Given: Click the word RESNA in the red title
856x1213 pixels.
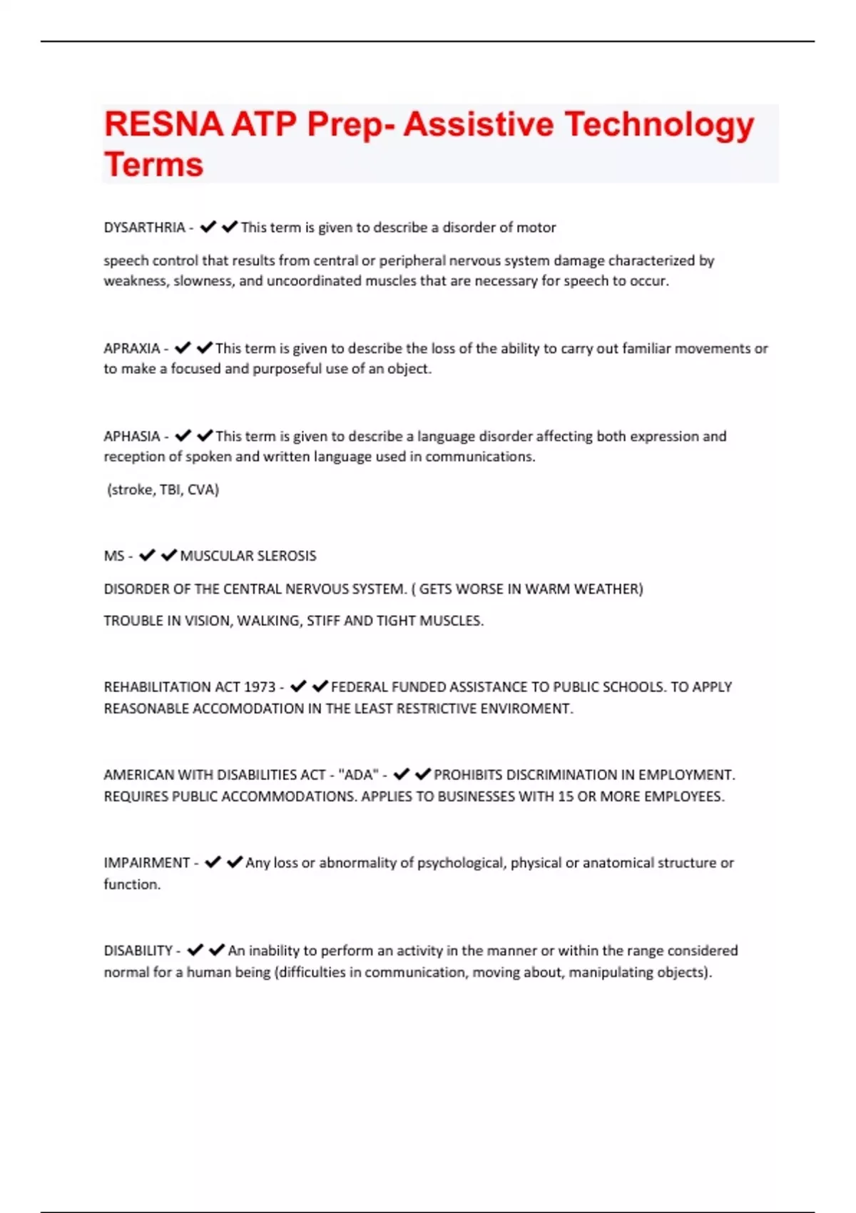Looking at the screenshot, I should click(x=163, y=125).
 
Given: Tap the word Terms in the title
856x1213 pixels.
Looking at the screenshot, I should click(x=153, y=165).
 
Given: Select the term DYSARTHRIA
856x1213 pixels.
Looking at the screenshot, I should click(x=144, y=228).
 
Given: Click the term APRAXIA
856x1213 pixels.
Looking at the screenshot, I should click(x=132, y=349).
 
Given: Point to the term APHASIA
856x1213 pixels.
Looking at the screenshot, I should click(x=132, y=437).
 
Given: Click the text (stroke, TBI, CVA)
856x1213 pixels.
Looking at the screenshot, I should click(x=163, y=490).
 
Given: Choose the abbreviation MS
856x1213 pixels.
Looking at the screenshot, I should click(x=114, y=556).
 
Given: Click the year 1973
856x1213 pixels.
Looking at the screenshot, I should click(x=260, y=687).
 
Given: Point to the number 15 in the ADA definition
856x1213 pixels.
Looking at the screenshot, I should click(x=566, y=796).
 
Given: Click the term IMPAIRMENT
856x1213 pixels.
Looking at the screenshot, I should click(x=147, y=863).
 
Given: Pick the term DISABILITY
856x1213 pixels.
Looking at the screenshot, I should click(x=138, y=951).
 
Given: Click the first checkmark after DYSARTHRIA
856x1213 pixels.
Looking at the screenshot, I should click(x=208, y=227).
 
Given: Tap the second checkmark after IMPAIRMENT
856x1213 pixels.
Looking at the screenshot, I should click(x=235, y=862).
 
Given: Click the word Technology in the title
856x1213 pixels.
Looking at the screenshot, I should click(x=659, y=125).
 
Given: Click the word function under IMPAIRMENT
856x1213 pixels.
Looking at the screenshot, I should click(x=132, y=885).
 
